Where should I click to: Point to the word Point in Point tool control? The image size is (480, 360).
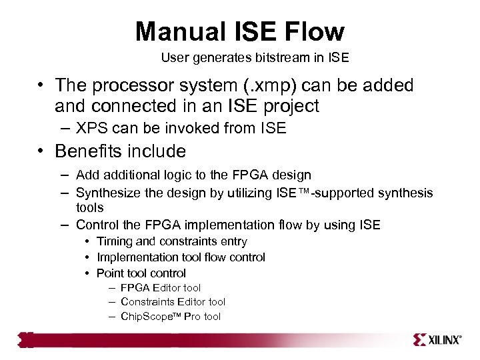tap(110, 273)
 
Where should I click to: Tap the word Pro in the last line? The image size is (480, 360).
tap(193, 317)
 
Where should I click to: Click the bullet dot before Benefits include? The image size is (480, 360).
tap(41, 152)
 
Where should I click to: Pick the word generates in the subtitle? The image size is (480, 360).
tap(212, 58)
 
